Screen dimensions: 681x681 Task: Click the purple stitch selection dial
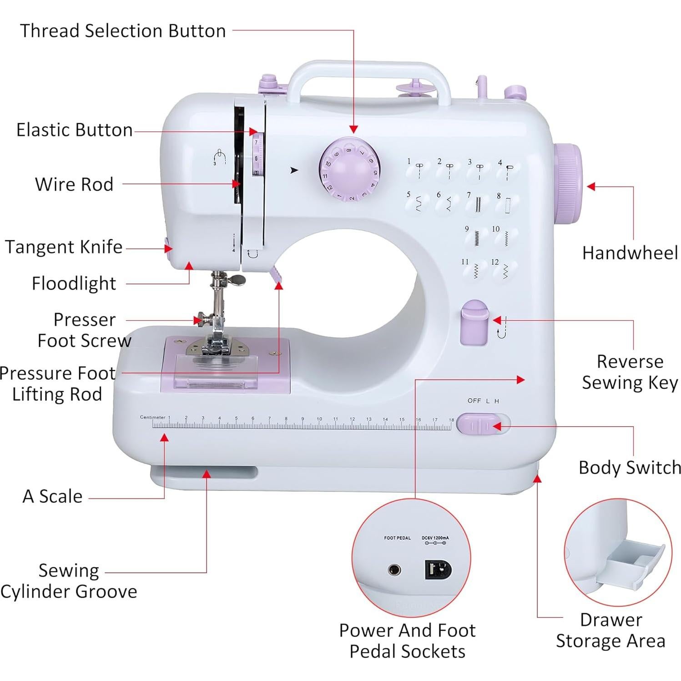[349, 169]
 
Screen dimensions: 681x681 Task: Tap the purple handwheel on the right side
[567, 183]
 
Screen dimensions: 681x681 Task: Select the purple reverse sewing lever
[474, 322]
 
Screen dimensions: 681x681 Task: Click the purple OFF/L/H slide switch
[478, 424]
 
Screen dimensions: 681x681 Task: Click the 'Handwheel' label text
[630, 253]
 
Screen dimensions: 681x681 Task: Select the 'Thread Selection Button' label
[123, 31]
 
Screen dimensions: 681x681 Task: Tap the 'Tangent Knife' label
[64, 247]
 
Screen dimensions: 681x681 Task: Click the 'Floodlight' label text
[74, 283]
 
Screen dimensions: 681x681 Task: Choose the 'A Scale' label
[53, 496]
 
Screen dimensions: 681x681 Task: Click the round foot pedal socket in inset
[394, 570]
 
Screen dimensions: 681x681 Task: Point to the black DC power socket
[438, 569]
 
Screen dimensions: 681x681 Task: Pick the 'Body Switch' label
[630, 468]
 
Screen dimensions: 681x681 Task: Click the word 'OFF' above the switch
[474, 401]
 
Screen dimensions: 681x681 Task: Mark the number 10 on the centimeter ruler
[319, 419]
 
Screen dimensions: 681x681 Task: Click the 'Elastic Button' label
[75, 130]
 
